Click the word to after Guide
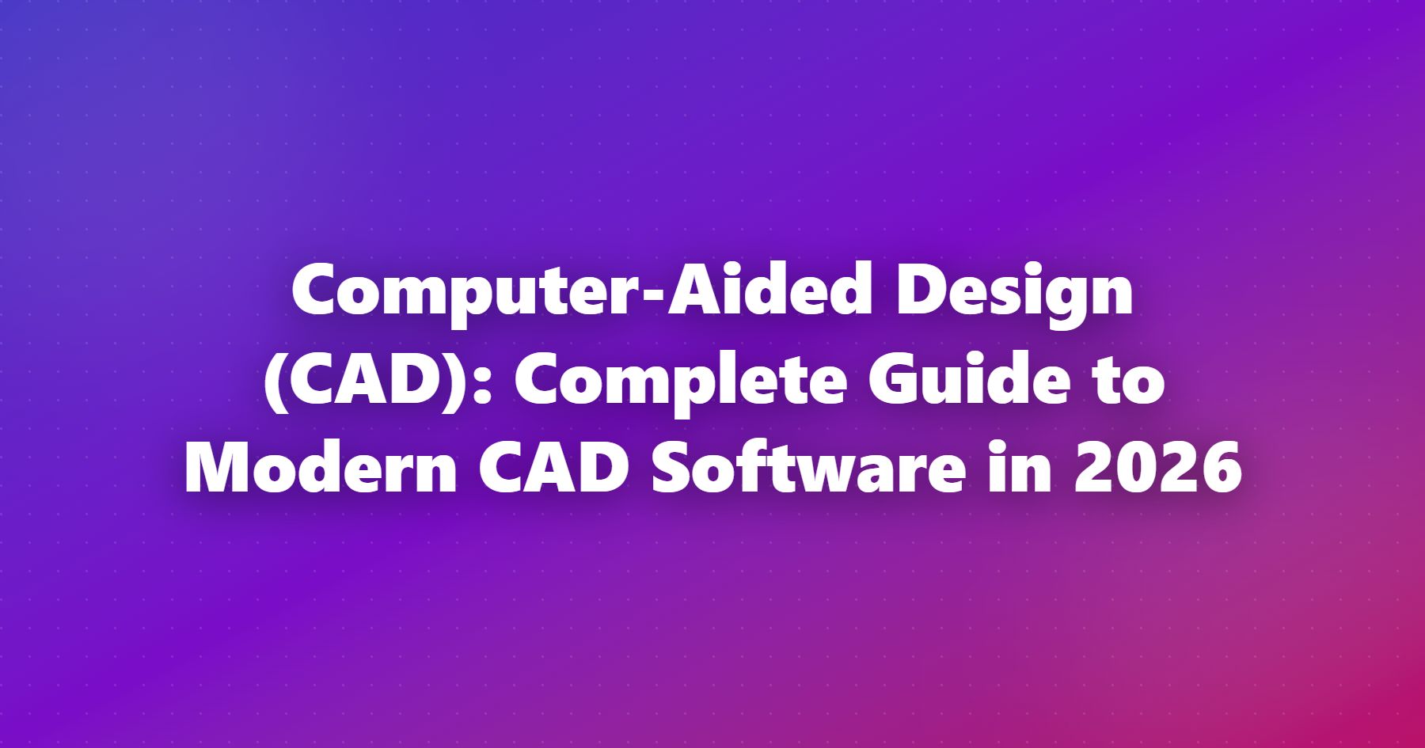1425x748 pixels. coord(1134,385)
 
